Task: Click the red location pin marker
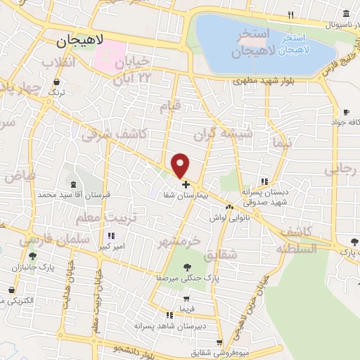coord(181,165)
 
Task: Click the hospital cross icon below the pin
coord(185,184)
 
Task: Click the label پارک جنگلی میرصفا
coord(187,278)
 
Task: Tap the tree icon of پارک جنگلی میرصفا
coord(187,266)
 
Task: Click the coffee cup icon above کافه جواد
coord(345,112)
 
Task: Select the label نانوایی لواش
coord(226,218)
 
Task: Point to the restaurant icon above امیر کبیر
coord(110,236)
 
